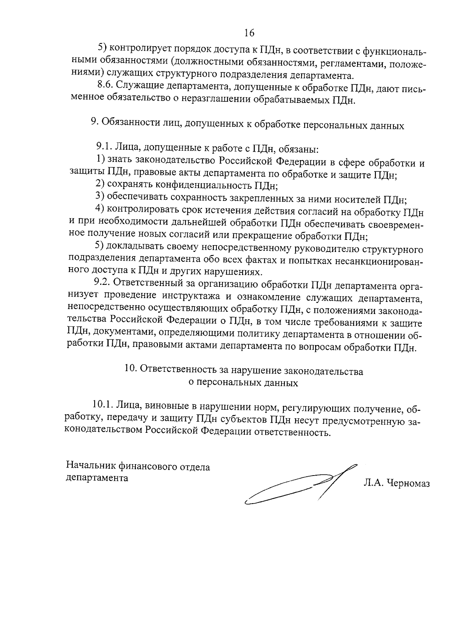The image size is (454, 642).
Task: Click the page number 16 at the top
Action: (249, 33)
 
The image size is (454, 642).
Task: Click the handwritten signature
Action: (299, 486)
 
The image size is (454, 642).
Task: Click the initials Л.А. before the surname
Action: (373, 484)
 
